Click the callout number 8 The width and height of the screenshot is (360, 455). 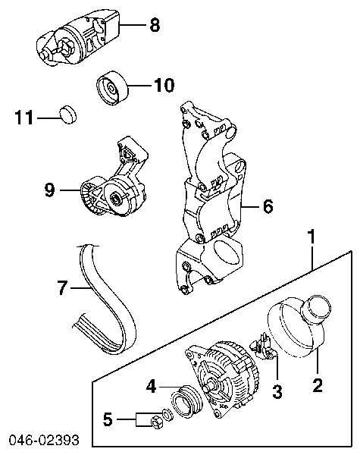click(x=154, y=25)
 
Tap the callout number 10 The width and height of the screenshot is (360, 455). click(x=164, y=85)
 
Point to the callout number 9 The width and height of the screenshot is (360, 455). click(x=50, y=190)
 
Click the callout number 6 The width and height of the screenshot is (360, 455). click(x=267, y=204)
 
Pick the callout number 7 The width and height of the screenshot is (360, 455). click(x=63, y=287)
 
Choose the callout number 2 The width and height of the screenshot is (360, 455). click(x=318, y=385)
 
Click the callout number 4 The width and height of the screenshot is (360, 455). click(x=152, y=386)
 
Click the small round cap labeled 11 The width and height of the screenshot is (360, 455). click(x=70, y=115)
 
